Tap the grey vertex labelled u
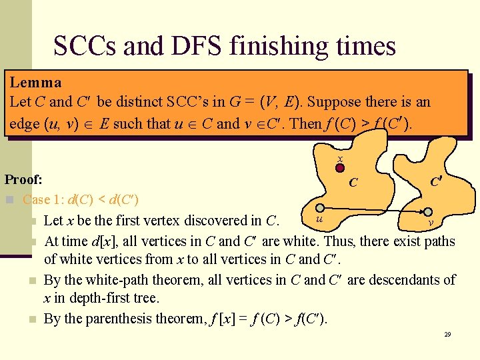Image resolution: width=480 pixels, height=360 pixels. (x=320, y=208)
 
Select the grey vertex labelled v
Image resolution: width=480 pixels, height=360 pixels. (x=430, y=213)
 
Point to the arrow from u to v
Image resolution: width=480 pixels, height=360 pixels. (x=375, y=211)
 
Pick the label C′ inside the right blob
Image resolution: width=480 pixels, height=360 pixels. (x=435, y=181)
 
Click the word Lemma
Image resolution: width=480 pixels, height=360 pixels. (x=35, y=83)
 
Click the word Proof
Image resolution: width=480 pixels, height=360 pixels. (x=23, y=179)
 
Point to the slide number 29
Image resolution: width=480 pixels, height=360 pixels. (x=447, y=333)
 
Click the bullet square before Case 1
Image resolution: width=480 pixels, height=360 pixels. (x=9, y=199)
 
